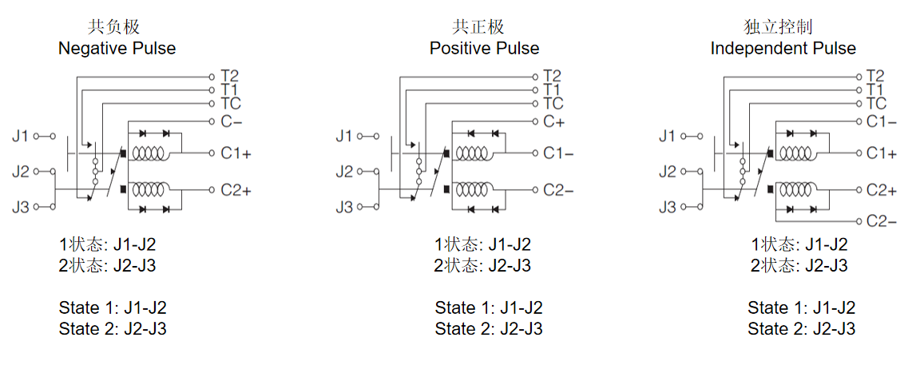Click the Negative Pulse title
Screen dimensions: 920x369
(x=117, y=48)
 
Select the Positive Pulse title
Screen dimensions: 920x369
(x=484, y=48)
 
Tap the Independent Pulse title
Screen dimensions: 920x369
(x=783, y=48)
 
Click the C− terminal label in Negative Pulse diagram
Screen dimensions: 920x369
(x=231, y=122)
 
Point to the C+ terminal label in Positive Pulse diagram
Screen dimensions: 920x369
(x=554, y=122)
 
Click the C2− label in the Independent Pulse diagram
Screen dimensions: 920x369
(x=882, y=221)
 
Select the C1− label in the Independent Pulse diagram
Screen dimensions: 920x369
(x=882, y=122)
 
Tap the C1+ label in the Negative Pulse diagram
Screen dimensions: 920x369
(x=236, y=153)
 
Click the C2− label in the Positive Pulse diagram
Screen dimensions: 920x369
(x=558, y=190)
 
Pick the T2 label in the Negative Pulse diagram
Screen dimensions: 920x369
(x=230, y=76)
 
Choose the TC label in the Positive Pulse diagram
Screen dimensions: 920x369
(x=553, y=104)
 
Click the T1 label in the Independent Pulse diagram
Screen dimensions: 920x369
(x=875, y=89)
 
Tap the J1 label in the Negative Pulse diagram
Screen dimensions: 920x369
(x=21, y=136)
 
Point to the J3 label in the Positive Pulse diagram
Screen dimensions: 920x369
(x=344, y=207)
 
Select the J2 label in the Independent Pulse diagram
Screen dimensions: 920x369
(x=667, y=172)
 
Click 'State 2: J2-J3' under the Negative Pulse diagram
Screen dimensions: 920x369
(x=113, y=328)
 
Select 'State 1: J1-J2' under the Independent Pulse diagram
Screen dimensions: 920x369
(x=802, y=307)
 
